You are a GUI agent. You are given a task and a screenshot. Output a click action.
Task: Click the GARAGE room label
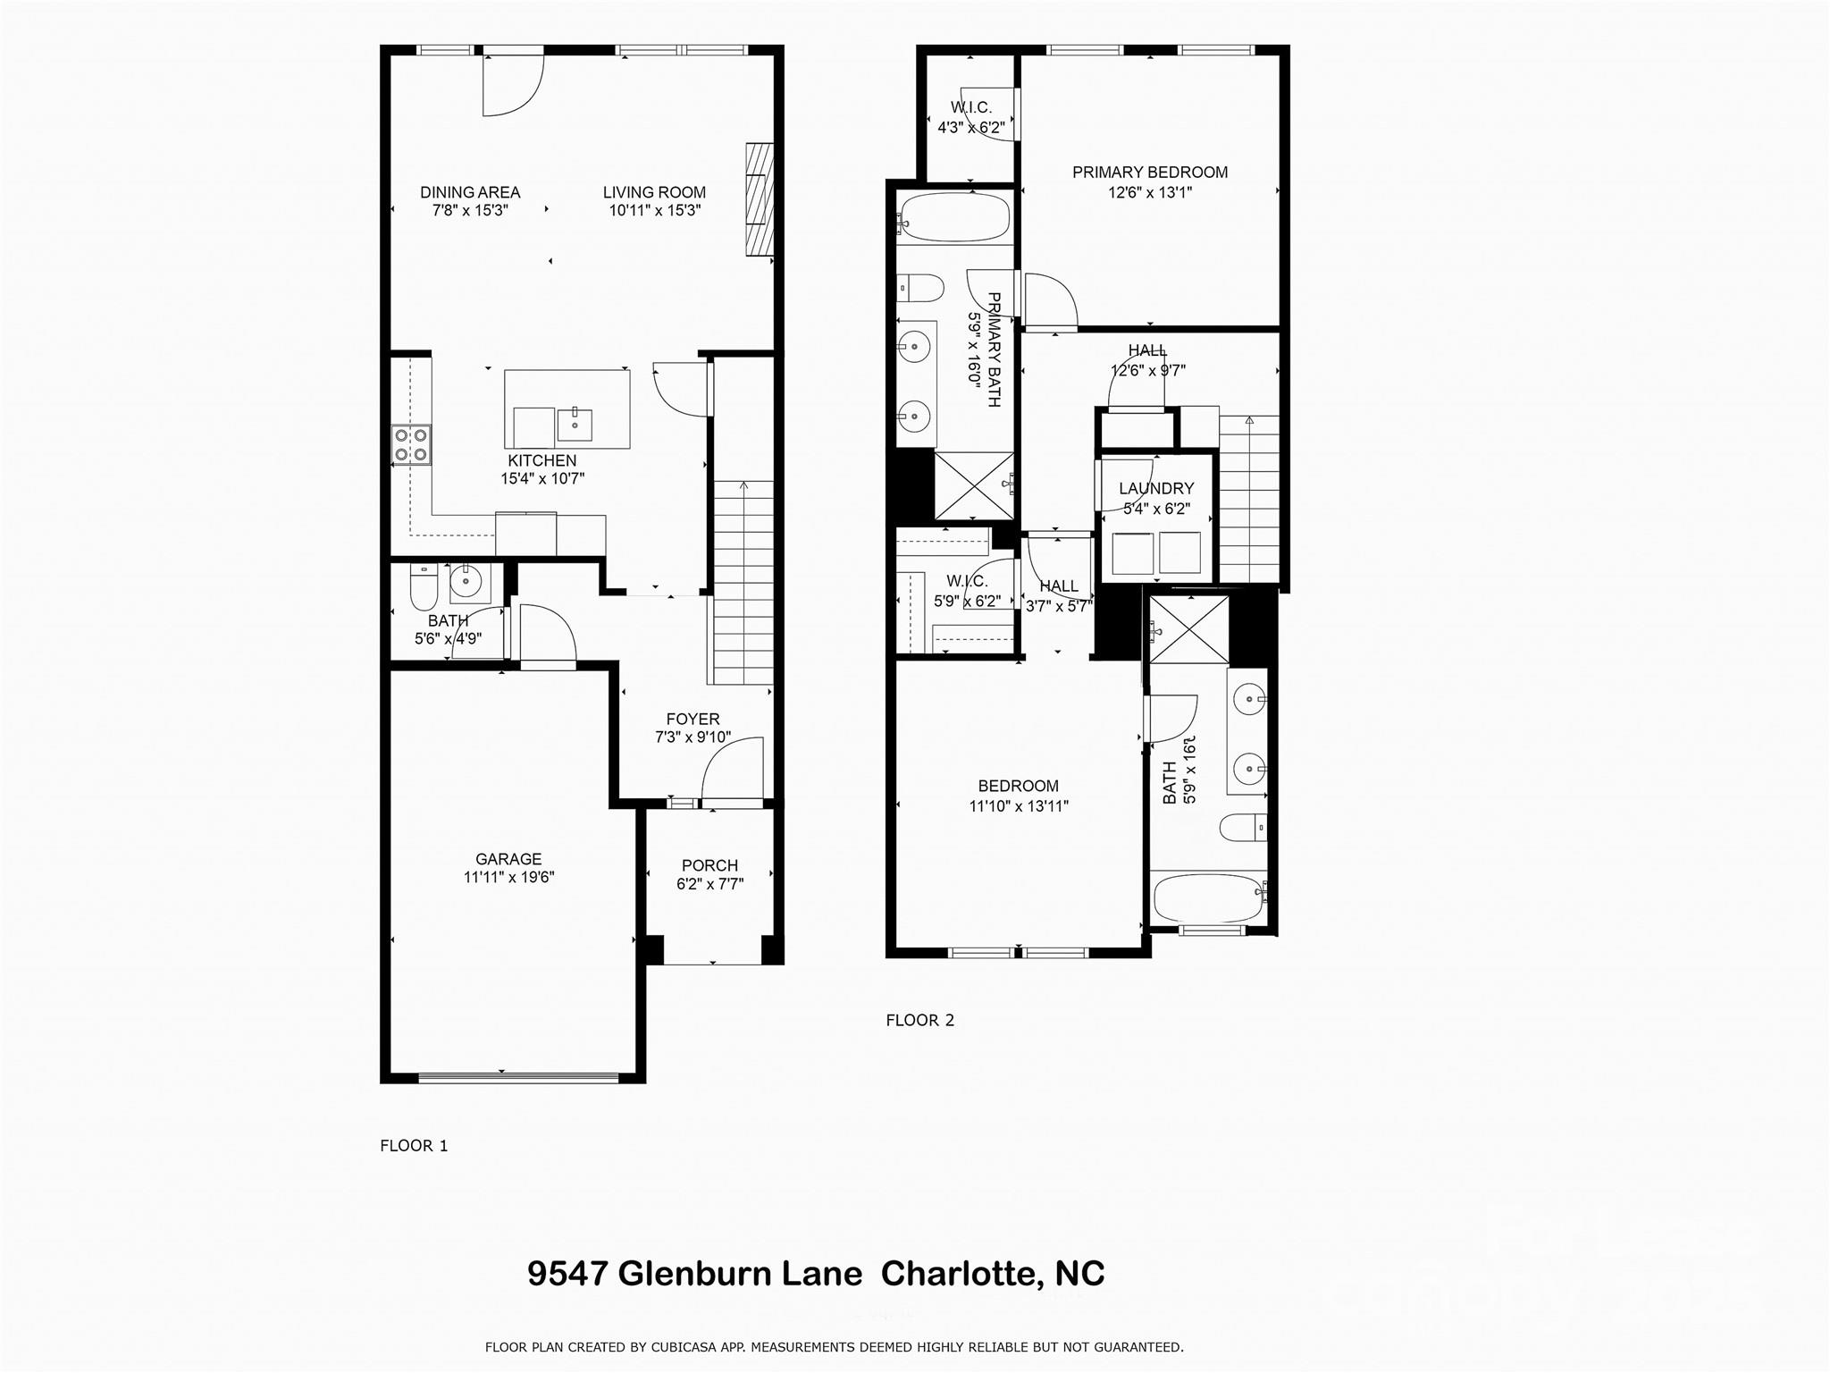(508, 859)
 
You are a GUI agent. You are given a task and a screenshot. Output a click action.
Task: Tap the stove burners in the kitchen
(411, 445)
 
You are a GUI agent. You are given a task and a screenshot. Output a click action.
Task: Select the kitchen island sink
(575, 425)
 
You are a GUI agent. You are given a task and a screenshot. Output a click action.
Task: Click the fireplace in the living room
(760, 199)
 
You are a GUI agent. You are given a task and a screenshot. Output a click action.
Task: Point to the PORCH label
(709, 865)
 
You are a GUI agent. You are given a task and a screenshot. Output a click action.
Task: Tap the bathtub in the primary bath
(954, 217)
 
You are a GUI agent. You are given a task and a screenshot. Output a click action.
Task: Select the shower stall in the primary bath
(974, 485)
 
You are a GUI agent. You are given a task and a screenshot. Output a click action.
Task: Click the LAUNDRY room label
(1156, 488)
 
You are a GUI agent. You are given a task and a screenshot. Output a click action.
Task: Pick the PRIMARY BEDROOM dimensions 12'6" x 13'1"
(1150, 192)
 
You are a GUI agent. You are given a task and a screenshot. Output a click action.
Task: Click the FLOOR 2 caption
(919, 1020)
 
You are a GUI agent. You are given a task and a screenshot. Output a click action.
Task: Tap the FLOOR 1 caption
(414, 1145)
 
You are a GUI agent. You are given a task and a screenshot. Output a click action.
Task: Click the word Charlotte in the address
(954, 1273)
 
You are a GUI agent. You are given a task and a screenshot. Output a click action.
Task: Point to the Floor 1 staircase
(743, 581)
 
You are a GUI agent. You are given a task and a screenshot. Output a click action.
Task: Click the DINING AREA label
(470, 192)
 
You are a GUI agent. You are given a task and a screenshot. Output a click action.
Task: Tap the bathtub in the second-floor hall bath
(1206, 898)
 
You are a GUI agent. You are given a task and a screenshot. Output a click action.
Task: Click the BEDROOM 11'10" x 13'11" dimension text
(1019, 805)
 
